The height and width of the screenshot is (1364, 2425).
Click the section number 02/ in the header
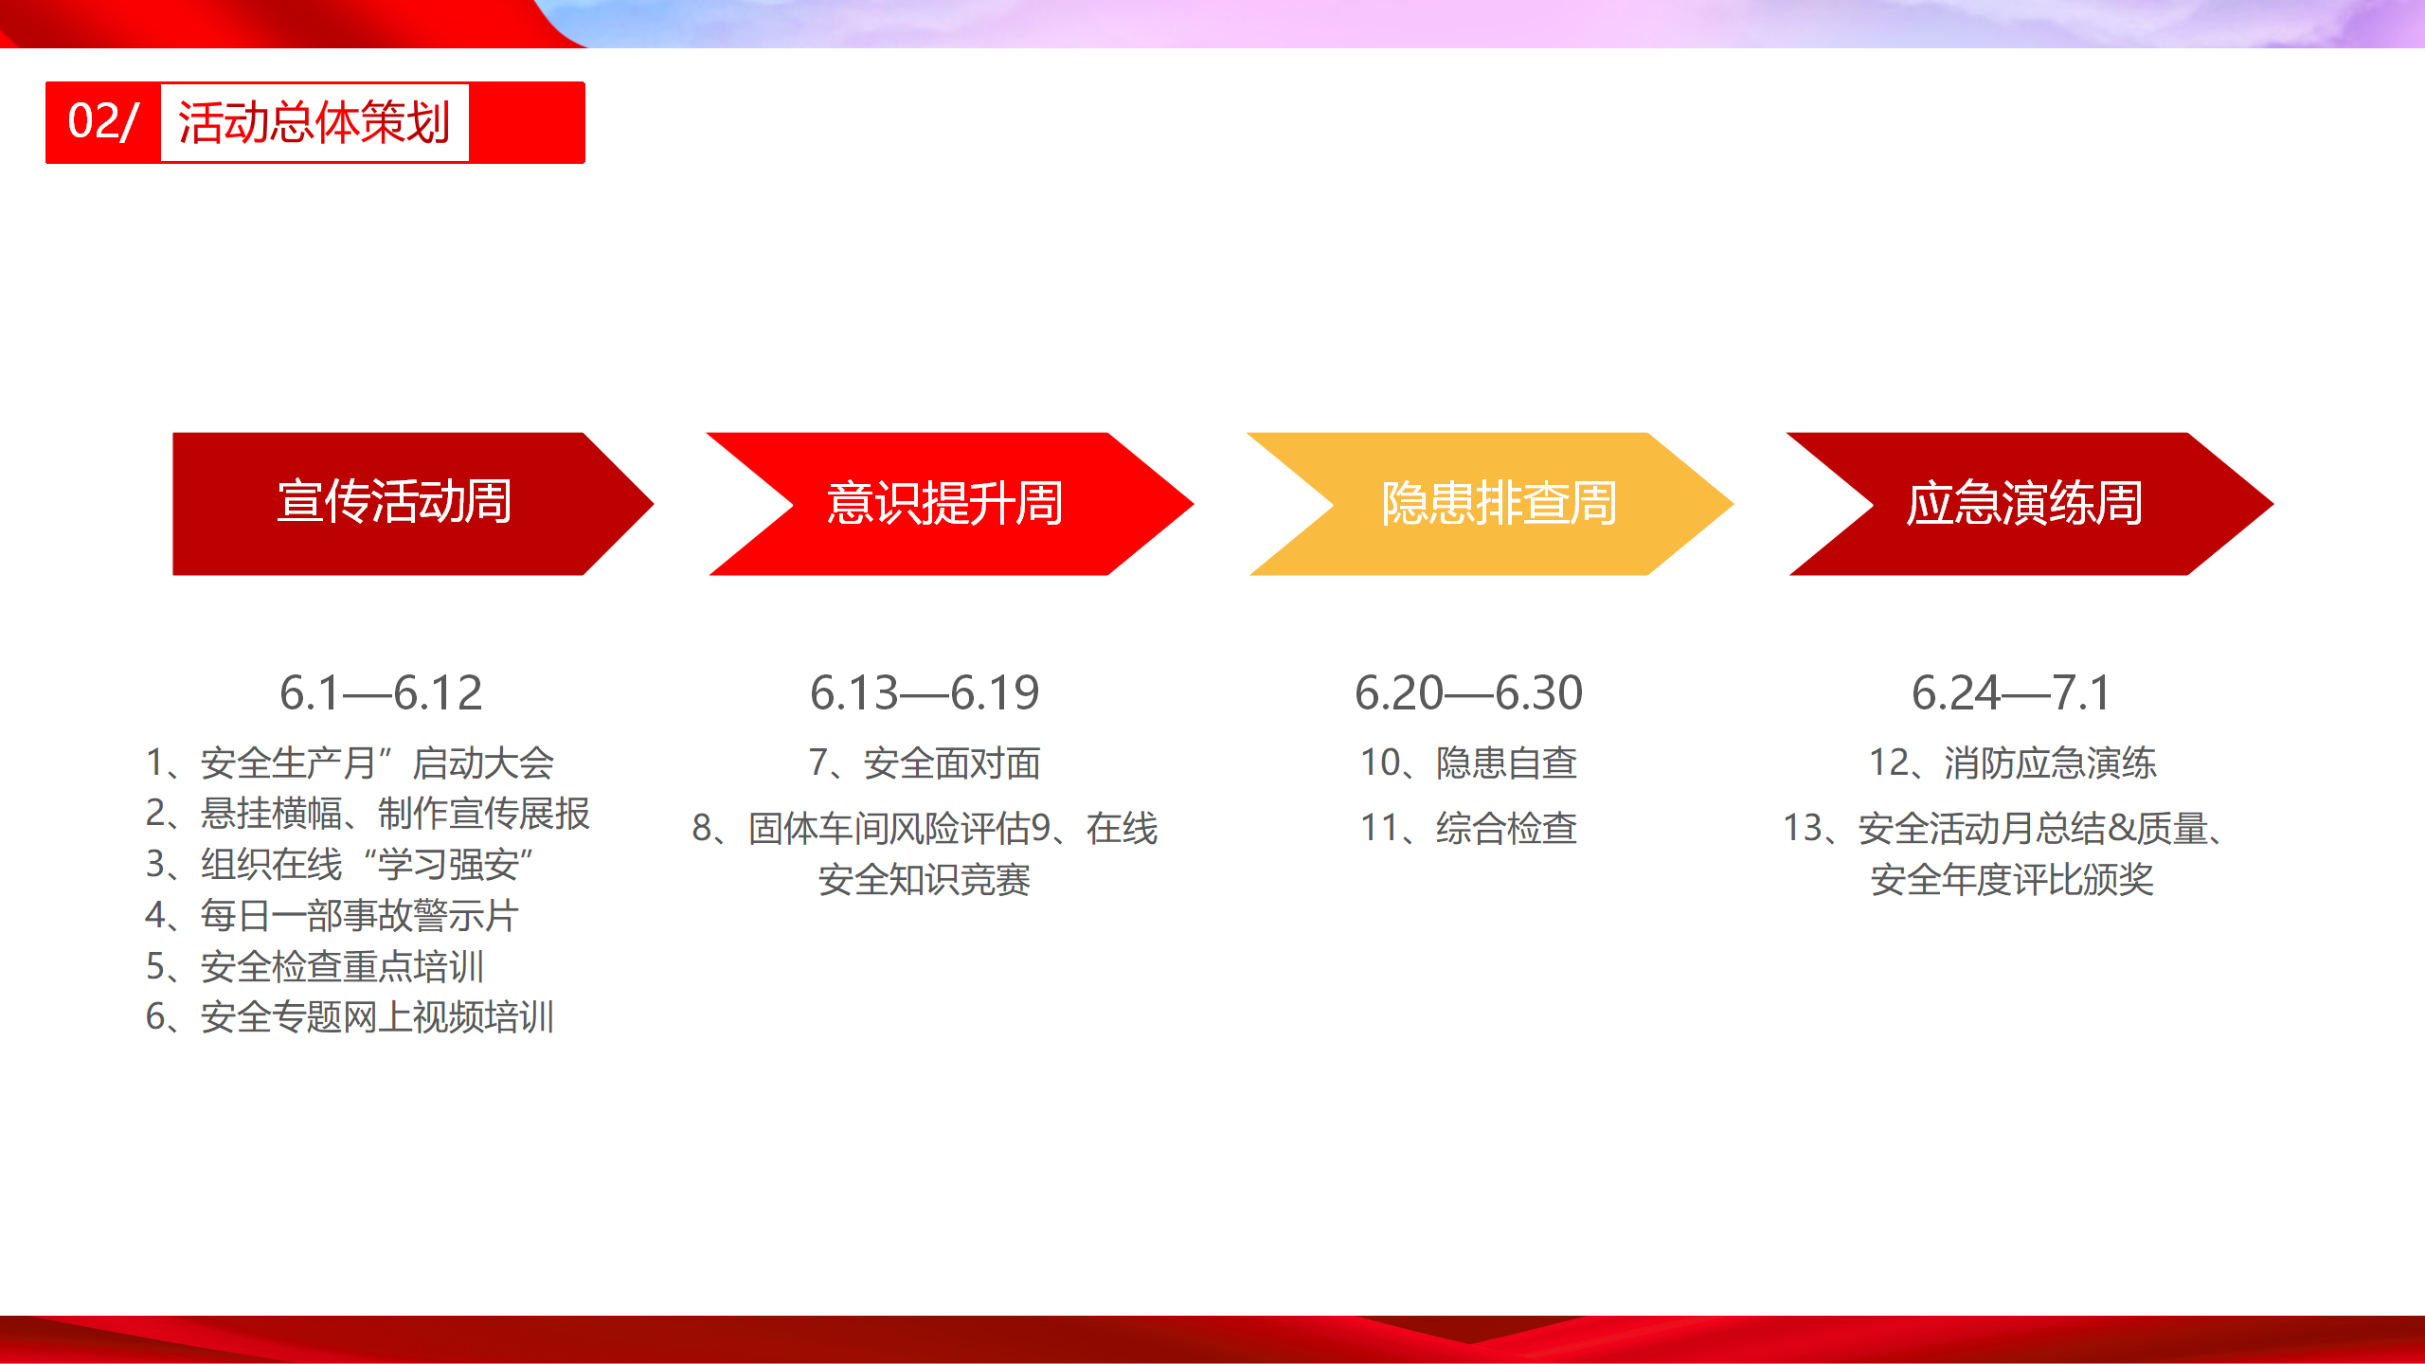click(x=103, y=122)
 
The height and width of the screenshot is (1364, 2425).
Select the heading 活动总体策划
click(x=314, y=123)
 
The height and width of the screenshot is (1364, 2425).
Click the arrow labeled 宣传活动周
click(x=413, y=504)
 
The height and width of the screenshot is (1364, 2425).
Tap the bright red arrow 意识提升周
click(x=950, y=504)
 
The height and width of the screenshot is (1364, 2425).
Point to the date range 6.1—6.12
click(x=381, y=693)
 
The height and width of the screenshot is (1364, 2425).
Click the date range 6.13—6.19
click(x=925, y=693)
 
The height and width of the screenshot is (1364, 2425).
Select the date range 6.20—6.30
click(x=1469, y=693)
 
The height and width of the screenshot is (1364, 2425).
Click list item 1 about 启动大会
click(x=350, y=763)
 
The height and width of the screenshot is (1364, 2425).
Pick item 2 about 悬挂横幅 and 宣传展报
click(x=368, y=814)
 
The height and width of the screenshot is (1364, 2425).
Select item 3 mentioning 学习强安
click(x=340, y=865)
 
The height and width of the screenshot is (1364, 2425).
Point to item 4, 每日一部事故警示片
click(x=332, y=916)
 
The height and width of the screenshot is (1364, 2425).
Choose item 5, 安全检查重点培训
click(x=314, y=967)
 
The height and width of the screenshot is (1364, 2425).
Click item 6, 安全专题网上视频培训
click(x=350, y=1017)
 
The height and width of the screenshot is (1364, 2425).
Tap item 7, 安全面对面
click(x=925, y=763)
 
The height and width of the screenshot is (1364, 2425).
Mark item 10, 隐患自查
click(x=1469, y=763)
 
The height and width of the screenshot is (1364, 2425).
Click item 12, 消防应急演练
click(x=2013, y=763)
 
